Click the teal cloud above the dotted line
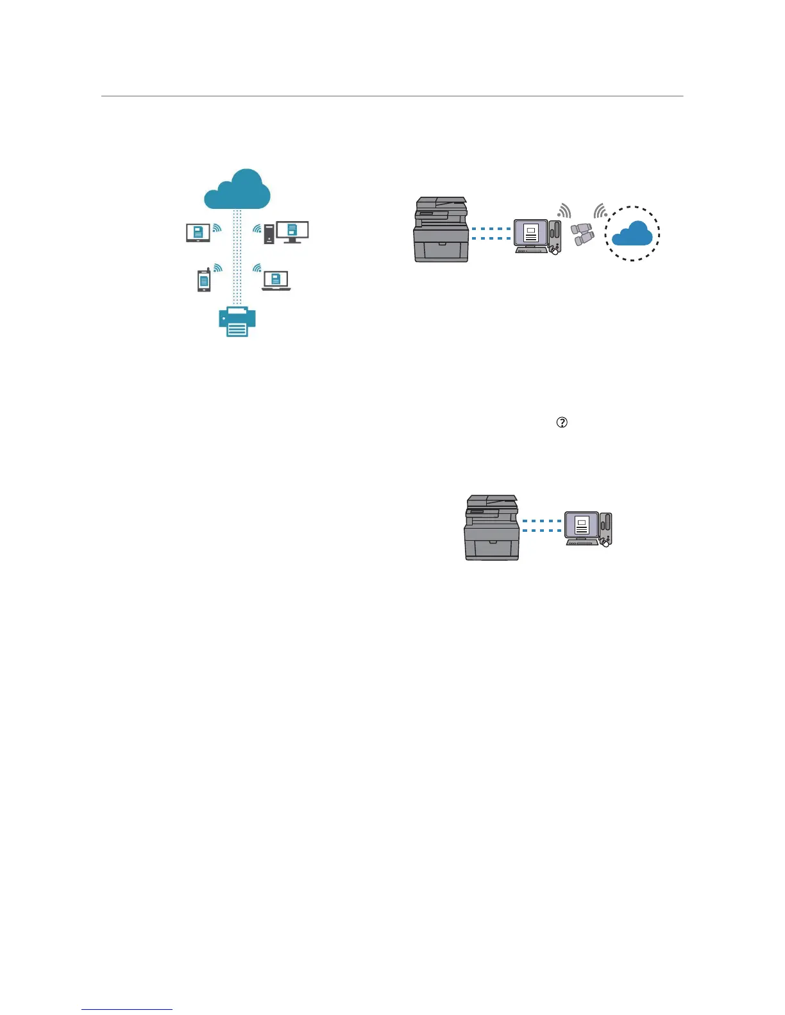tap(237, 190)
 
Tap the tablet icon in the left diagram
tap(198, 233)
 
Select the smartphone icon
tap(204, 280)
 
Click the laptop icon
tap(276, 281)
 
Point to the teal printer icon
tap(237, 321)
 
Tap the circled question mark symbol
tap(562, 422)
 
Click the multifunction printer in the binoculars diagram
tap(441, 229)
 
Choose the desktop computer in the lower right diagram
tap(588, 529)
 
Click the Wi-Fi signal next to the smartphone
tap(218, 268)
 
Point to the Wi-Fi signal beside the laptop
tap(257, 267)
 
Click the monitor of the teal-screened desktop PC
tap(292, 231)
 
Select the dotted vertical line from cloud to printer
tap(237, 256)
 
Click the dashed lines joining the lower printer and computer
tap(542, 525)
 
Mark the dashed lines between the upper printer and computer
tap(491, 233)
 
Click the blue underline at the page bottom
tap(127, 1010)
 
